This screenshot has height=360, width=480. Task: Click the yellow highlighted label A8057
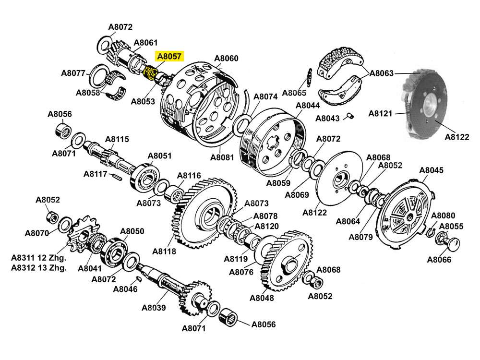[x=169, y=56]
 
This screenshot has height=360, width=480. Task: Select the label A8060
[x=226, y=59]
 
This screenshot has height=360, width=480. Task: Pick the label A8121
[x=381, y=114]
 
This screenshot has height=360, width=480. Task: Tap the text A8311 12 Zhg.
[x=38, y=258]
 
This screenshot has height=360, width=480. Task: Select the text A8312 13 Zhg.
[x=38, y=268]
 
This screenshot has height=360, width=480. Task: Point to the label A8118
[x=164, y=251]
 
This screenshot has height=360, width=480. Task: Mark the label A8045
[x=431, y=170]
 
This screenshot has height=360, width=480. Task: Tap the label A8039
[x=154, y=308]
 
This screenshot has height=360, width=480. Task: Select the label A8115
[x=117, y=139]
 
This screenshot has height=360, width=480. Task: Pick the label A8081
[x=222, y=157]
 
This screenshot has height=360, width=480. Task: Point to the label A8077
[x=73, y=73]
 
